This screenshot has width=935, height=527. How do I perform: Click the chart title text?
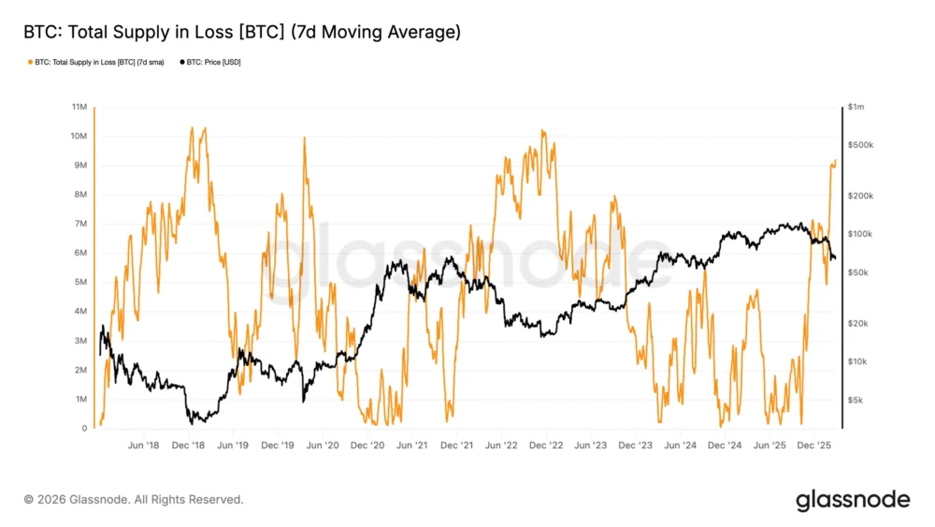click(241, 33)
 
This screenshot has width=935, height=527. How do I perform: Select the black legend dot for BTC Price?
click(181, 62)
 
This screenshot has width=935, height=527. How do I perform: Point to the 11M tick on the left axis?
click(80, 108)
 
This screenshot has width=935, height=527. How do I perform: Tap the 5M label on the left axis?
click(81, 283)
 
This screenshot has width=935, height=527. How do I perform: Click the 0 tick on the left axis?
click(85, 429)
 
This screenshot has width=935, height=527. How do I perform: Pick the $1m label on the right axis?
click(856, 108)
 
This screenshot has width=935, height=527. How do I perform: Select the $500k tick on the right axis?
click(859, 146)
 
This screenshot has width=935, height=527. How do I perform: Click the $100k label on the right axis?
click(859, 234)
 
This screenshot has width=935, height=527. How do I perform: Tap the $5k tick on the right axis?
click(856, 400)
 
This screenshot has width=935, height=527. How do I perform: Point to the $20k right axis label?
click(857, 323)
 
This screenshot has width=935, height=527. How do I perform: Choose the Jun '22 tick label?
click(503, 446)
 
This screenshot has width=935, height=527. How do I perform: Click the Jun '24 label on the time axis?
click(683, 446)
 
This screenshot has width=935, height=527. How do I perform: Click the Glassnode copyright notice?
click(134, 500)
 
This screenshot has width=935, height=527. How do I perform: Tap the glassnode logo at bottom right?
click(852, 500)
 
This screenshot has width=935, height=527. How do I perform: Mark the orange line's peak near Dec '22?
click(543, 131)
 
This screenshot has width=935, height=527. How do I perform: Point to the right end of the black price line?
click(834, 259)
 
